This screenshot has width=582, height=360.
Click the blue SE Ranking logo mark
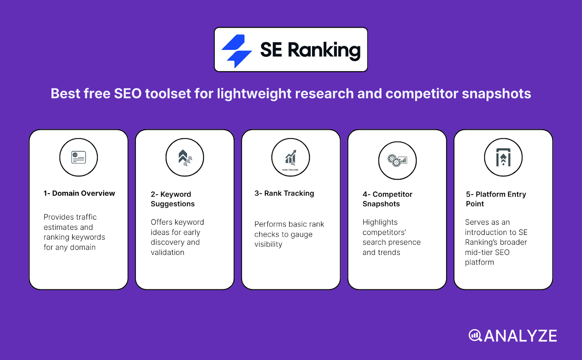coord(237,51)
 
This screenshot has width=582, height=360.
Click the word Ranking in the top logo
coord(324,50)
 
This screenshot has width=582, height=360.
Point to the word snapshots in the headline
coord(496,94)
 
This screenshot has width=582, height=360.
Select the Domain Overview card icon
coord(79,157)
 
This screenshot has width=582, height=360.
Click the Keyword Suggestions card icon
coord(185,157)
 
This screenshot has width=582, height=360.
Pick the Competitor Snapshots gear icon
coord(397,160)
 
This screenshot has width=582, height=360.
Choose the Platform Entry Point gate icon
coord(503,158)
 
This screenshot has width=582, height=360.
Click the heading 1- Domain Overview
coord(79,193)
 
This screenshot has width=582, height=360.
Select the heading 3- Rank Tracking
coord(284,193)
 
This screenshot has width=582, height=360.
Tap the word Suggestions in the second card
coord(173,204)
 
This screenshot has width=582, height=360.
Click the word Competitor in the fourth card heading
coord(392,195)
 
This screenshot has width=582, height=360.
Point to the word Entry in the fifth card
coord(517,195)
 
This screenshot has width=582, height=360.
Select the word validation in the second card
coord(167,252)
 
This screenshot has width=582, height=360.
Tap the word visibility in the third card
coord(268,244)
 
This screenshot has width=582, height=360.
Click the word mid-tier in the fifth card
coord(478,252)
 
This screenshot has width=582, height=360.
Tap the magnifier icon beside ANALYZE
coord(475,335)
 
